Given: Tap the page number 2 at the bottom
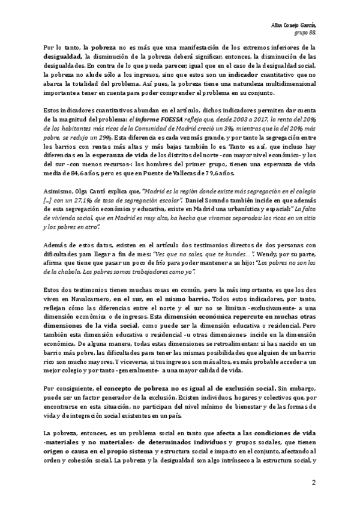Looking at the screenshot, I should pyautogui.click(x=313, y=483).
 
